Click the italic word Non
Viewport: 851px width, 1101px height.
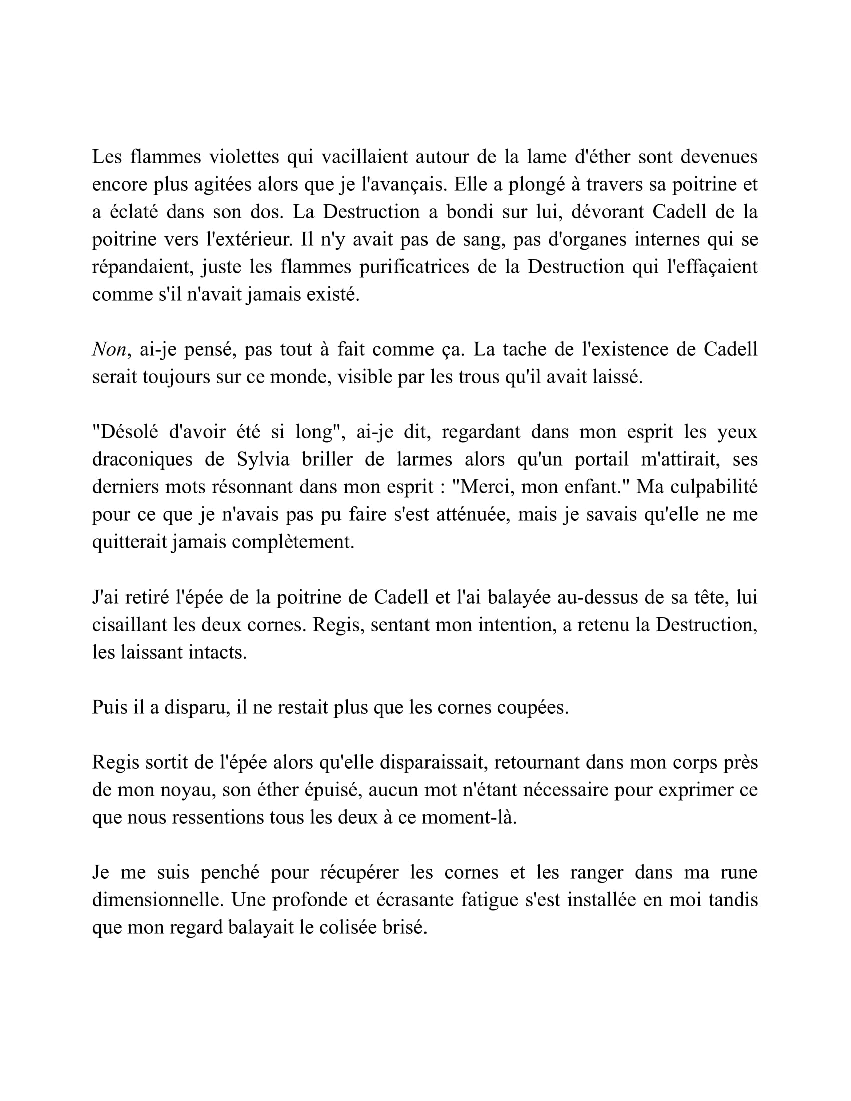click(x=109, y=350)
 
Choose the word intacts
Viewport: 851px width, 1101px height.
click(x=217, y=653)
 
